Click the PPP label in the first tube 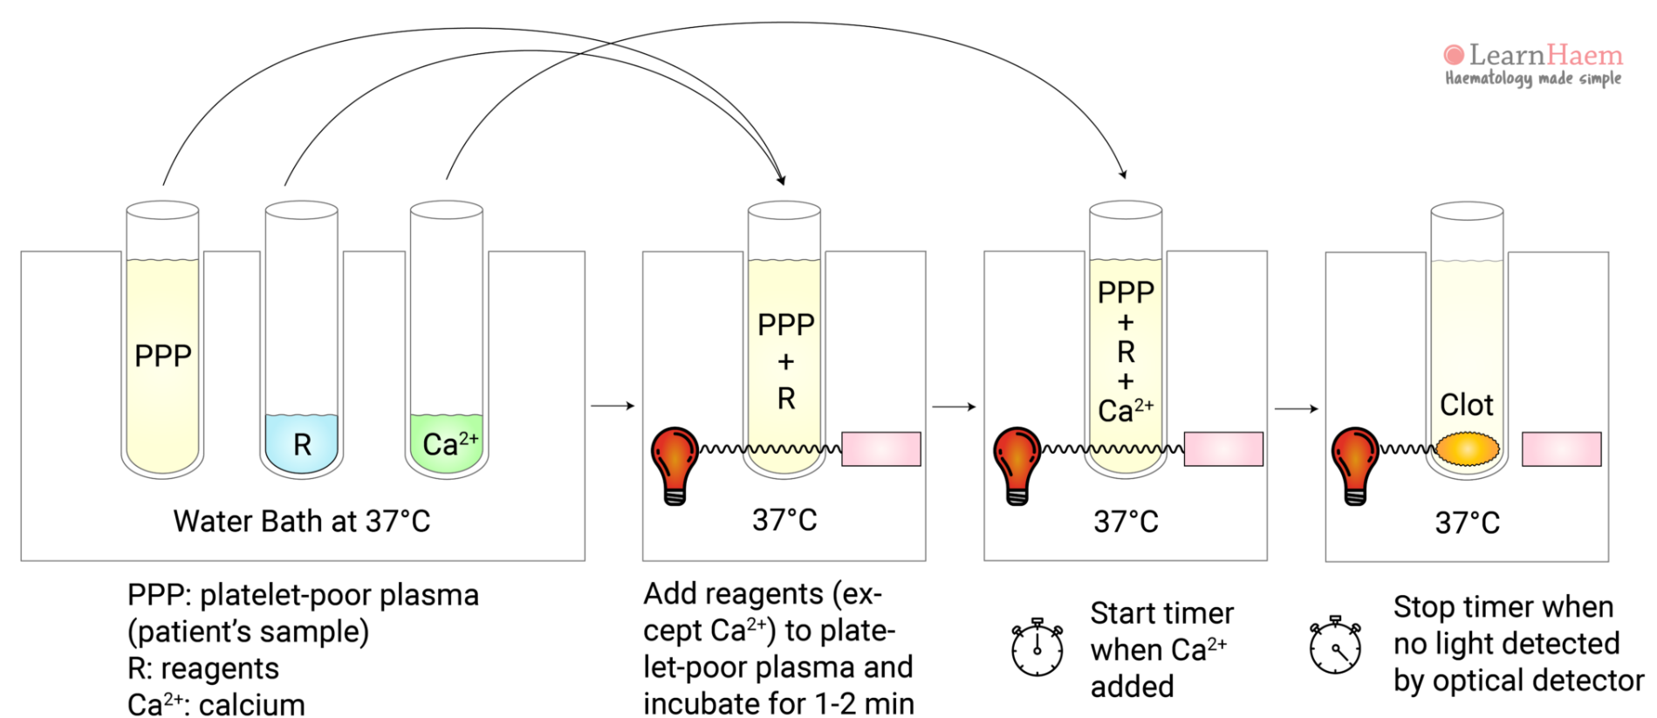(162, 356)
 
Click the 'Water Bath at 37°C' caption (301, 521)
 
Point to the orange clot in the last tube (1467, 449)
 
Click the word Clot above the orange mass (1466, 405)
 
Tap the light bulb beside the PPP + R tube (674, 462)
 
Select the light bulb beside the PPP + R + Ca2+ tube (1017, 462)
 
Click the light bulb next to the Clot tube (1354, 462)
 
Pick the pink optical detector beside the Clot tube (1561, 449)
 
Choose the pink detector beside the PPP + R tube (880, 449)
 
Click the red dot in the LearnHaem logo (1454, 55)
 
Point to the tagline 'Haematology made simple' (1532, 79)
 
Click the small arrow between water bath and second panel (613, 406)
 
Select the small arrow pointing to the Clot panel (1296, 408)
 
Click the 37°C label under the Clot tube (1467, 523)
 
